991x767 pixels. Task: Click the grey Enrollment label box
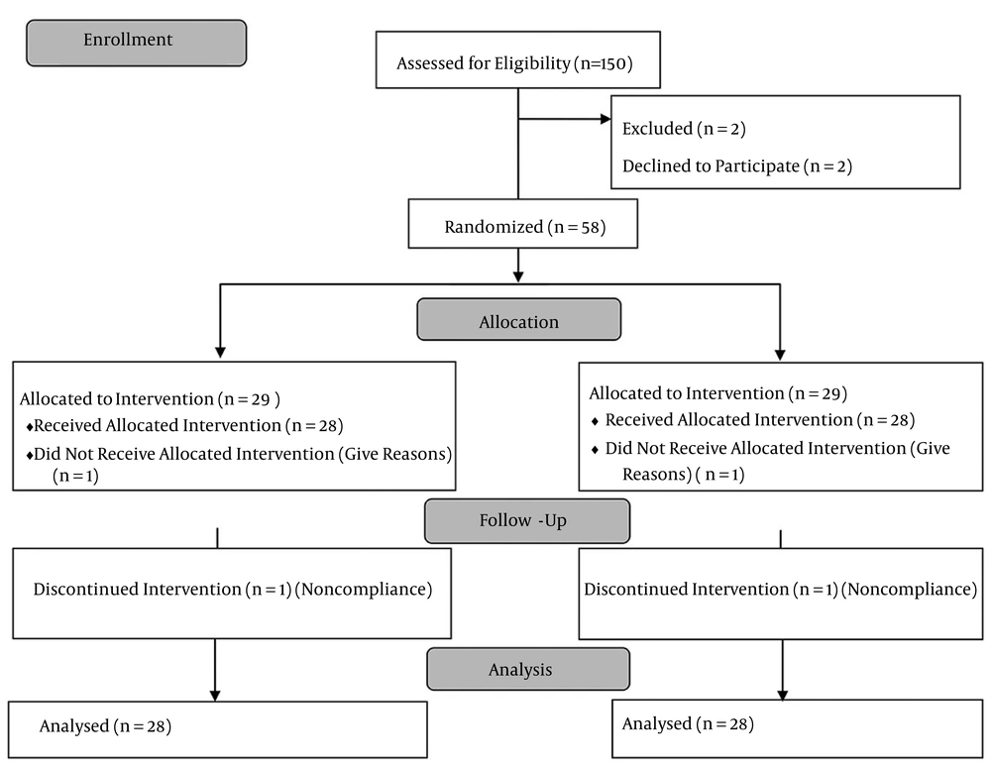(137, 43)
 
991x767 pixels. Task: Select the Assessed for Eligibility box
(518, 60)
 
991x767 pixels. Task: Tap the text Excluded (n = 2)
(684, 129)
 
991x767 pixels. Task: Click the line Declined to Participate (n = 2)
(737, 166)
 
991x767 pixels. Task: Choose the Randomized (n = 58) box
(522, 224)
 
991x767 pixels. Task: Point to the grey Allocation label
(519, 320)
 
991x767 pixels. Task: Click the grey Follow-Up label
(527, 521)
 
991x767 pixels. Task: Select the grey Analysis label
(528, 669)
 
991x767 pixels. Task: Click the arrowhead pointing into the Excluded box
(606, 119)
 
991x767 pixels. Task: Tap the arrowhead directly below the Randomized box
(518, 276)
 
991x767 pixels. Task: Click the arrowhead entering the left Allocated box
(220, 353)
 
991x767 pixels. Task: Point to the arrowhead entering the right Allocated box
(780, 355)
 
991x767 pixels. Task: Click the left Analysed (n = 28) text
(106, 726)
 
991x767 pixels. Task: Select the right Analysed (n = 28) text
(689, 724)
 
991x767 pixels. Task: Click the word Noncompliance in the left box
(364, 590)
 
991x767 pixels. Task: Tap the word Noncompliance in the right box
(910, 590)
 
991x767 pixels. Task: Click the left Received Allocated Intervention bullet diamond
(29, 428)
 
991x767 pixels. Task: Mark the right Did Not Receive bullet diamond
(595, 450)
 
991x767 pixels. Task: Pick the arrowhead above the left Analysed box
(215, 696)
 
